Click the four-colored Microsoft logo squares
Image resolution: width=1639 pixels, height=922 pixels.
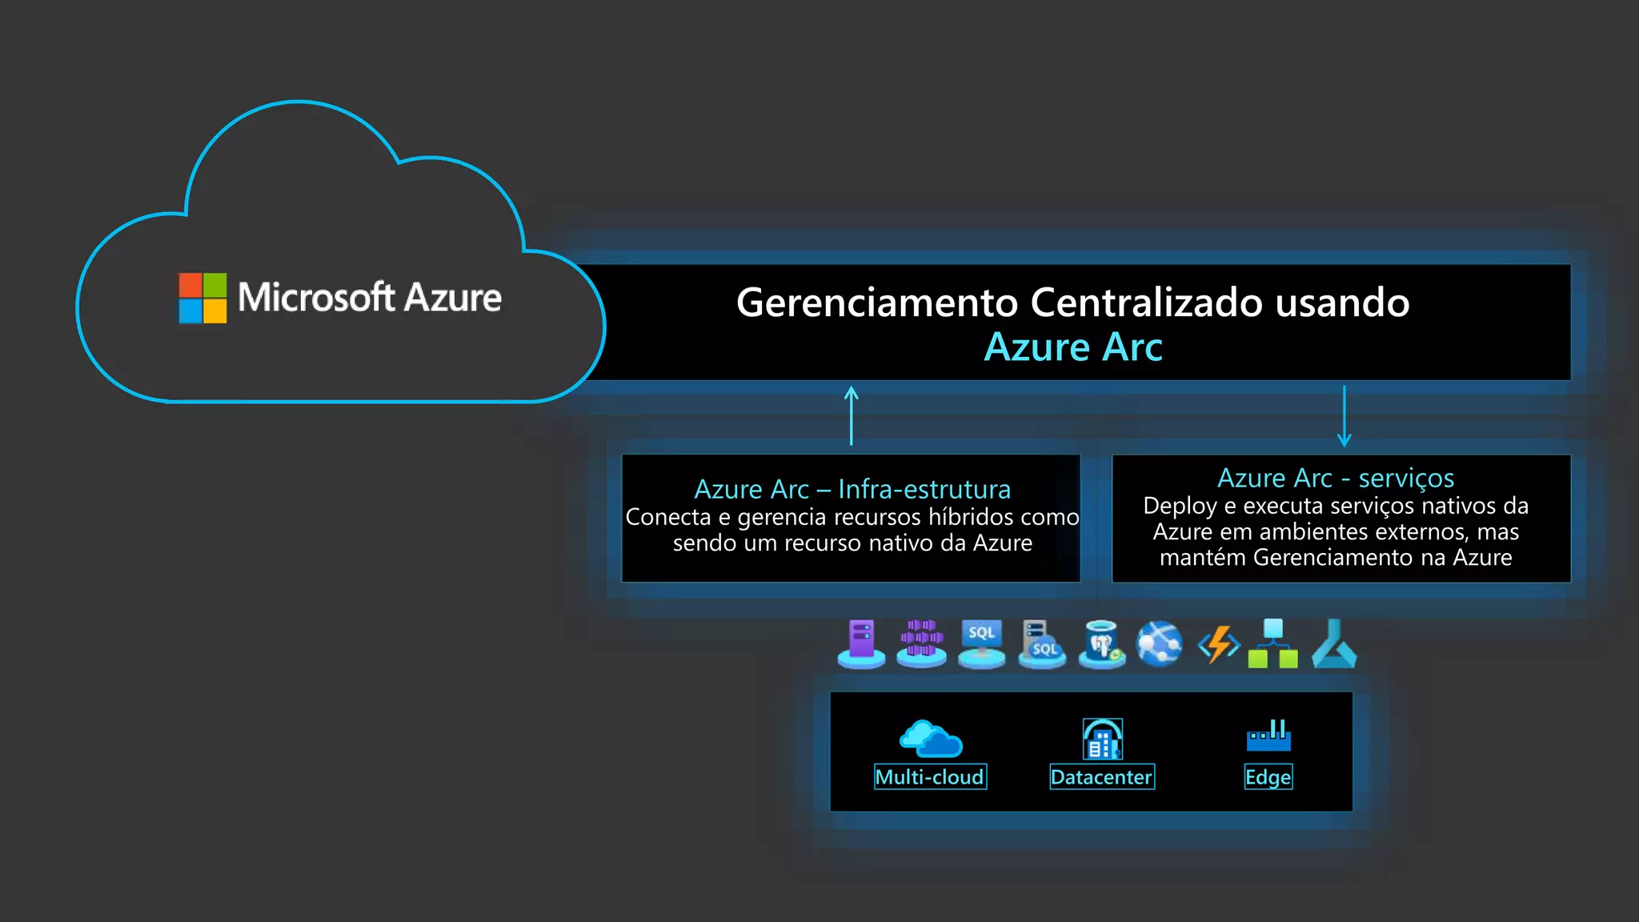click(202, 298)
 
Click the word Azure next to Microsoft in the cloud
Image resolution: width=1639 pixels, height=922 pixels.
click(453, 298)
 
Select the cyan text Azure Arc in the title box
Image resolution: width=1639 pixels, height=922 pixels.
click(1072, 347)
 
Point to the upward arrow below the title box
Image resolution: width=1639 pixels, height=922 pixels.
click(852, 415)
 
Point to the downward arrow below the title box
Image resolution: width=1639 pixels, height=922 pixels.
click(1344, 415)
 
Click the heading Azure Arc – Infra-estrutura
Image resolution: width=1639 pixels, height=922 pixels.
click(852, 489)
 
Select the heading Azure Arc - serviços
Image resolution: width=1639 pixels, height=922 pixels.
click(1336, 478)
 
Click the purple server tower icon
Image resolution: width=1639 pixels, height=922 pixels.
click(861, 643)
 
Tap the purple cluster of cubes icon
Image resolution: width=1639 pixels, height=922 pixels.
click(921, 643)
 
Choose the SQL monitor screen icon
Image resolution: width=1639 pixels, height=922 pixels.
click(982, 643)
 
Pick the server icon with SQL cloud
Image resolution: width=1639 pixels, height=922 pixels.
click(1042, 643)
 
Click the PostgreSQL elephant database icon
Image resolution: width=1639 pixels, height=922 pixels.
click(1102, 643)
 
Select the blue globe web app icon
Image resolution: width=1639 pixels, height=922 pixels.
click(1160, 643)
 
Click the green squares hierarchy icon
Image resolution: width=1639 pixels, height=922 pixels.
click(1273, 643)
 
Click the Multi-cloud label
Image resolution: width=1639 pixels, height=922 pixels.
click(930, 777)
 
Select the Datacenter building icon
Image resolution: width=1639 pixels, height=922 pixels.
click(1102, 739)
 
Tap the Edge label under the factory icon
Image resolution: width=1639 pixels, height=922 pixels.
click(1268, 777)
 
